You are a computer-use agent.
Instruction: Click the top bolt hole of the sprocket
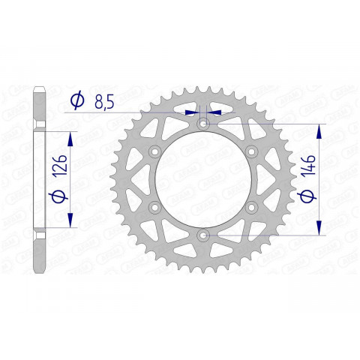(202, 124)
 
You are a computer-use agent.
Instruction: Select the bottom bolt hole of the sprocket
(202, 235)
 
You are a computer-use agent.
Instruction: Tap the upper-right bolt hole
(250, 152)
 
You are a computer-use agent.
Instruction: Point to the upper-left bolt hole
(154, 152)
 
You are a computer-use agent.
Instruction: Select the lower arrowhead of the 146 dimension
(320, 229)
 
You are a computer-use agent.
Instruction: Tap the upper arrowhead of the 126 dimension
(72, 138)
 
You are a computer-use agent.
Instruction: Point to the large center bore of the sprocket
(202, 180)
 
